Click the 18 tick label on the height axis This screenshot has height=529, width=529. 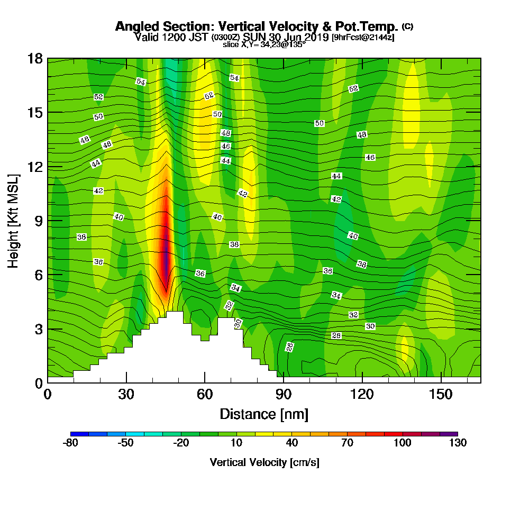click(x=35, y=58)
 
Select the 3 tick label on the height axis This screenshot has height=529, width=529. click(x=39, y=329)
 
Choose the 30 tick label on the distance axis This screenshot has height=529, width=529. click(x=126, y=395)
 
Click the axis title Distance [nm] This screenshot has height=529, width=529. click(x=264, y=414)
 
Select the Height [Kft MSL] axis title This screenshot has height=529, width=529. click(x=14, y=220)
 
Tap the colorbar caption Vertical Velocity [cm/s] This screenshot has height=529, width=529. click(x=264, y=462)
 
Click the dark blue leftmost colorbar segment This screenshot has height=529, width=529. click(x=75, y=434)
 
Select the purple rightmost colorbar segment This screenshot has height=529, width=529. click(x=453, y=434)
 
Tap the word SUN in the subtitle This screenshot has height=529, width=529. click(x=253, y=37)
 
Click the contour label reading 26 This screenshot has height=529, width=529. click(x=289, y=346)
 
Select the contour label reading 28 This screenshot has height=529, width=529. click(x=336, y=336)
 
